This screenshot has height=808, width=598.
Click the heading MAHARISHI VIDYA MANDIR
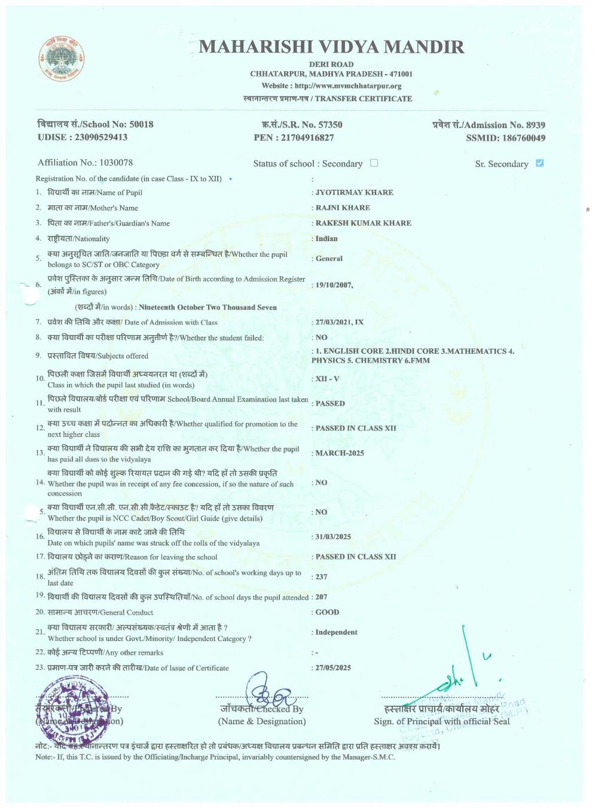331,47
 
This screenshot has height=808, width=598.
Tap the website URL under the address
331,86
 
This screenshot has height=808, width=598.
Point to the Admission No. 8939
535,125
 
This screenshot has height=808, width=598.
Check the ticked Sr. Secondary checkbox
540,163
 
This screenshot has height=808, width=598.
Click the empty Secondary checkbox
374,163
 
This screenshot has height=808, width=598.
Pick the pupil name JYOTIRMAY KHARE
354,193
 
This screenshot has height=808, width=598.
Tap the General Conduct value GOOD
327,612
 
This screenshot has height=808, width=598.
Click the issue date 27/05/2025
333,668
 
